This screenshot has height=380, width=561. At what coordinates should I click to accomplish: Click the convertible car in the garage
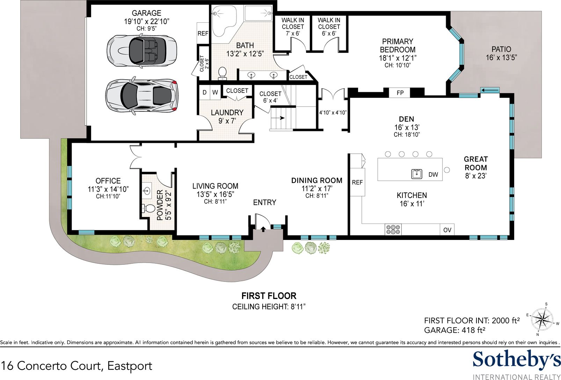tap(142, 51)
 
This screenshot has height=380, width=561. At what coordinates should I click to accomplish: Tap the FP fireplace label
tap(400, 93)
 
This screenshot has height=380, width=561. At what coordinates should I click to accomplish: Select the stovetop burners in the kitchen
tap(393, 229)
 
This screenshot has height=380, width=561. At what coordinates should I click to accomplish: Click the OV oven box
tap(447, 230)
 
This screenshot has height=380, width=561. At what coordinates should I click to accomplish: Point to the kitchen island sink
tap(417, 174)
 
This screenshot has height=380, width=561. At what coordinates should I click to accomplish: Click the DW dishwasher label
tap(433, 175)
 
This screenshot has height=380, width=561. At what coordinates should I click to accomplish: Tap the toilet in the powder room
tap(148, 208)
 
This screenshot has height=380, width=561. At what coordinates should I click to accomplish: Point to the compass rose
tap(542, 320)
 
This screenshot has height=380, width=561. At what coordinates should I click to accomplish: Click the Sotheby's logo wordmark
tap(516, 360)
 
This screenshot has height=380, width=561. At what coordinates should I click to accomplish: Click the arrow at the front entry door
tap(263, 229)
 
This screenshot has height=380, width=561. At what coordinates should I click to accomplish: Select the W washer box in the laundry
tap(215, 92)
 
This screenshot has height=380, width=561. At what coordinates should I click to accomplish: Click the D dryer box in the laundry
tap(204, 92)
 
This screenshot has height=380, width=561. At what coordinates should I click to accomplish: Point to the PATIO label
tap(501, 49)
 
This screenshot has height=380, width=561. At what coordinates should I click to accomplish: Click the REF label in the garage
tap(203, 33)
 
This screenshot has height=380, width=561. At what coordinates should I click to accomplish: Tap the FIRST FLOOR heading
tap(269, 296)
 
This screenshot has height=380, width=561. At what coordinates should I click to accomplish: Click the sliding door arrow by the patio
tap(490, 90)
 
